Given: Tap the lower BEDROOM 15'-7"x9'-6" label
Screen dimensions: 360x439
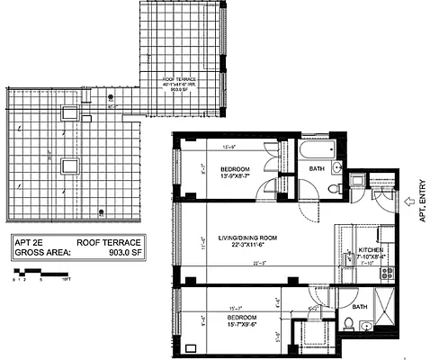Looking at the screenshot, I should pyautogui.click(x=243, y=321).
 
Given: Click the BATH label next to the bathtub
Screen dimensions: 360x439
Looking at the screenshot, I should pyautogui.click(x=317, y=168).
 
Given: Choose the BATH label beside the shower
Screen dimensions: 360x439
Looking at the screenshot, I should pyautogui.click(x=360, y=307).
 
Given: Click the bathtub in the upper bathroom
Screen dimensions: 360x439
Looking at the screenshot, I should pyautogui.click(x=318, y=148).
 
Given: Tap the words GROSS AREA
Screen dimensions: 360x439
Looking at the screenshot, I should pyautogui.click(x=41, y=253).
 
